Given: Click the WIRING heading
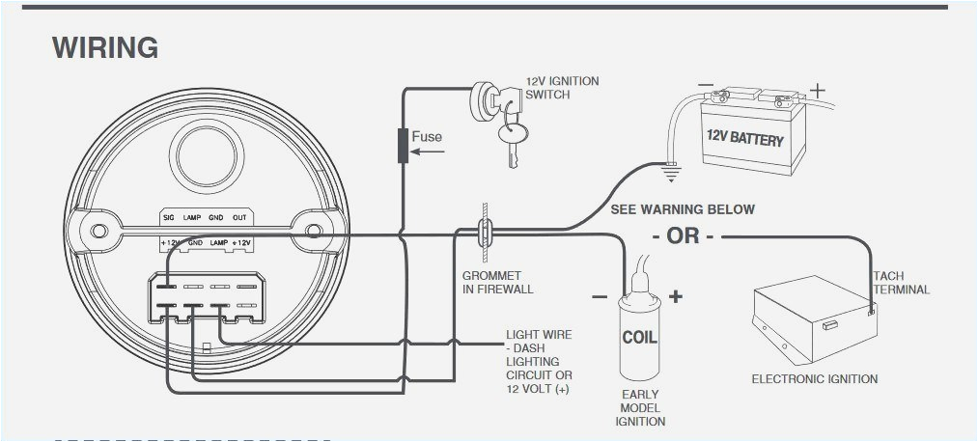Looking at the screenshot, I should [105, 47].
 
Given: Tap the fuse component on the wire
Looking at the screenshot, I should [404, 147].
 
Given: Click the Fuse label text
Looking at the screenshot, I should [427, 137].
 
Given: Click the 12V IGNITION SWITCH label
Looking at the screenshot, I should [562, 88].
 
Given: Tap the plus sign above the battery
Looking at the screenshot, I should [818, 92].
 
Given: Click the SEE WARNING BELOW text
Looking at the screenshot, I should [683, 209].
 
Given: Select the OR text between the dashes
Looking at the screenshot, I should [683, 236].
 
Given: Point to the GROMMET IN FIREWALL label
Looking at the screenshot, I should [497, 283].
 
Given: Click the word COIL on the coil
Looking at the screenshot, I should [639, 338].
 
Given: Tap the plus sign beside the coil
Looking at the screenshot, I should [675, 296].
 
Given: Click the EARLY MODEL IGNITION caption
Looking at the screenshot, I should [639, 407].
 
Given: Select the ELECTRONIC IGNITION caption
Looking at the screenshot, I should [815, 379].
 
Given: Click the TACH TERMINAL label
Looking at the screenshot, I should [902, 283].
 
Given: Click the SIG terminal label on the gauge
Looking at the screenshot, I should [168, 218].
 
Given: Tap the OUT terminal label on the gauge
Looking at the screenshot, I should [239, 218].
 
